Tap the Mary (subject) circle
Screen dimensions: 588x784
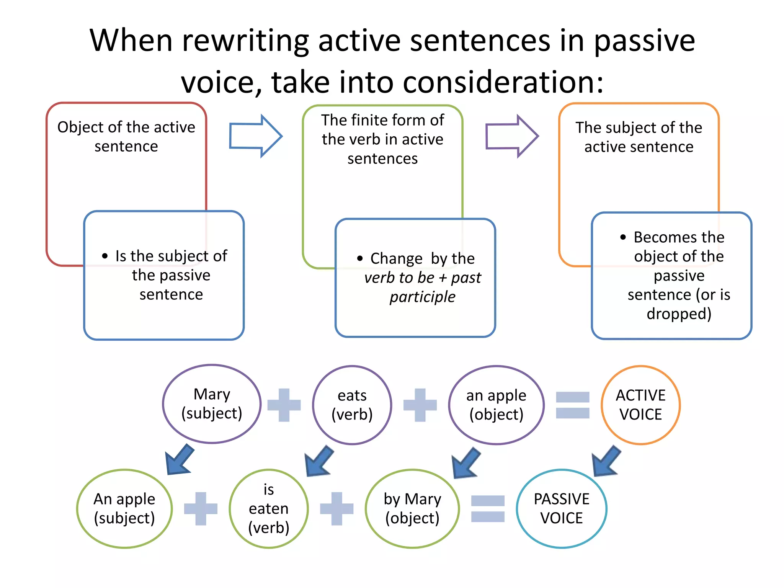212,404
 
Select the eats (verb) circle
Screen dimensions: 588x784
352,405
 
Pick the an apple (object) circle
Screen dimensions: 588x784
496,405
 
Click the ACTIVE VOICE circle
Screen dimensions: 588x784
640,405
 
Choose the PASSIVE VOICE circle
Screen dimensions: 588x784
562,509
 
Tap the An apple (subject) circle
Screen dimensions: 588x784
124,509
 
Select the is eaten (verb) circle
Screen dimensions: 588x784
269,509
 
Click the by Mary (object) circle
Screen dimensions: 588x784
412,509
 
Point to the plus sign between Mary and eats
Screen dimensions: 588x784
284,405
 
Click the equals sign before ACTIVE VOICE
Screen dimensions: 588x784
573,405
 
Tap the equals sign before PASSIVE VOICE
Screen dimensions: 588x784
488,509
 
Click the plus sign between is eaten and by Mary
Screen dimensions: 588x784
336,509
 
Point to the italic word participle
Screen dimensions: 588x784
422,297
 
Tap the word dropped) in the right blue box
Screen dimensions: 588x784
679,314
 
